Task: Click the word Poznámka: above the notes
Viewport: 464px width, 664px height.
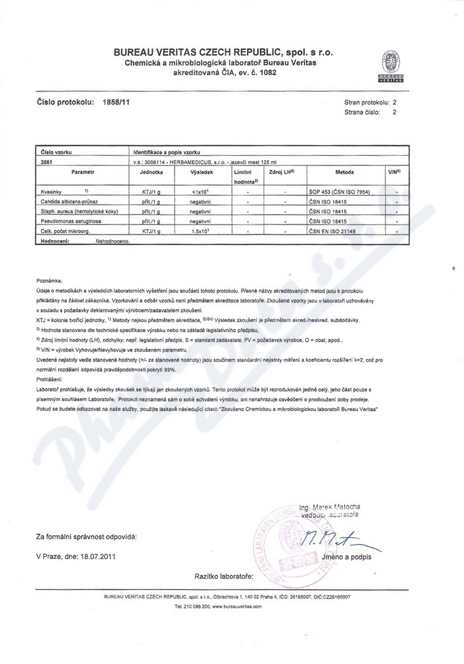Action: tap(50, 279)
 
